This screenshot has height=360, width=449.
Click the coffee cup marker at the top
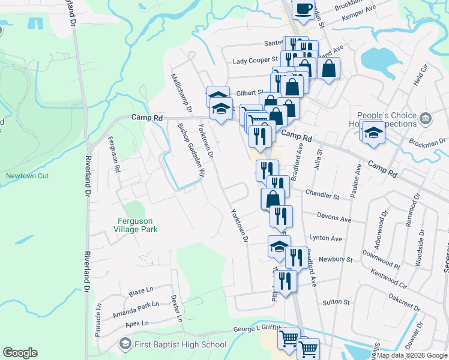(x=303, y=9)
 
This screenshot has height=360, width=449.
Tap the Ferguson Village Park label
(x=137, y=224)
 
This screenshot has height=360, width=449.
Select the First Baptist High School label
(x=180, y=344)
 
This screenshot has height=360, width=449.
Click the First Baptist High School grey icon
(x=125, y=344)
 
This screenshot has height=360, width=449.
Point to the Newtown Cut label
(x=27, y=176)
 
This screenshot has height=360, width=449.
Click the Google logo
(x=20, y=353)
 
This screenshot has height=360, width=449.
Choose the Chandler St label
(x=322, y=196)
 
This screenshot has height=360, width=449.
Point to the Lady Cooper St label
(x=256, y=60)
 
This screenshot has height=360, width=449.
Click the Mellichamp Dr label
(x=180, y=94)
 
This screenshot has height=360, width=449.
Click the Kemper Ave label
(x=358, y=18)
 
